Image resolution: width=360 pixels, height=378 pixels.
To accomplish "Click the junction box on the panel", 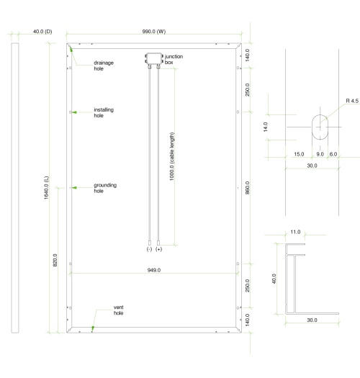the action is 154,58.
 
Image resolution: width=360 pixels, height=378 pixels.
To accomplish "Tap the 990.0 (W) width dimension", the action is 154,32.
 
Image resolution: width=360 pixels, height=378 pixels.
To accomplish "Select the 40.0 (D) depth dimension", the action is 42,32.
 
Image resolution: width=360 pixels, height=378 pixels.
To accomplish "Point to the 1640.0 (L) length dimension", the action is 46,187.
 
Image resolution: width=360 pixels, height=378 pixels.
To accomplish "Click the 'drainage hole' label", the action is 104,66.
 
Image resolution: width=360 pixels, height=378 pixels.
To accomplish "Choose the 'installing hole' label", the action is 104,112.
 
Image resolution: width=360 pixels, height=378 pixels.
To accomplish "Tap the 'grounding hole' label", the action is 105,188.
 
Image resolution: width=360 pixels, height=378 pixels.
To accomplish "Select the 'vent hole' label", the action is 118,310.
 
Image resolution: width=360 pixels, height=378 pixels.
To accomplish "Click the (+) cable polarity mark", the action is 158,249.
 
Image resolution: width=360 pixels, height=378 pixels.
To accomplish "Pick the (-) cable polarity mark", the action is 149,249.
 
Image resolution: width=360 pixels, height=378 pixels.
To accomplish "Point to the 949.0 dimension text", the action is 154,270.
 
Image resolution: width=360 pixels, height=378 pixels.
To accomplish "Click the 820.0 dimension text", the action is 55,260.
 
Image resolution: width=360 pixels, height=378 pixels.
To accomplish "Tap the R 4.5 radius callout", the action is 352,101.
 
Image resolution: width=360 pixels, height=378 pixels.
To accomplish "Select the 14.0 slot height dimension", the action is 266,127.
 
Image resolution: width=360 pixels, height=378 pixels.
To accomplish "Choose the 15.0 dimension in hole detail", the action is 299,154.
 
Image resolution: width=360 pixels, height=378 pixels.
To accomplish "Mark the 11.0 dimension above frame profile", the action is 295,232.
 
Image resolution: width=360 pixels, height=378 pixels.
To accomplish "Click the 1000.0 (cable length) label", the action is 171,156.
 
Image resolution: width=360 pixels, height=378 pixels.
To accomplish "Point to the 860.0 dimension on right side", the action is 248,188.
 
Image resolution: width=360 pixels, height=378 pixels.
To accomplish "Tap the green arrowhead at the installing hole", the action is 74,112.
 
